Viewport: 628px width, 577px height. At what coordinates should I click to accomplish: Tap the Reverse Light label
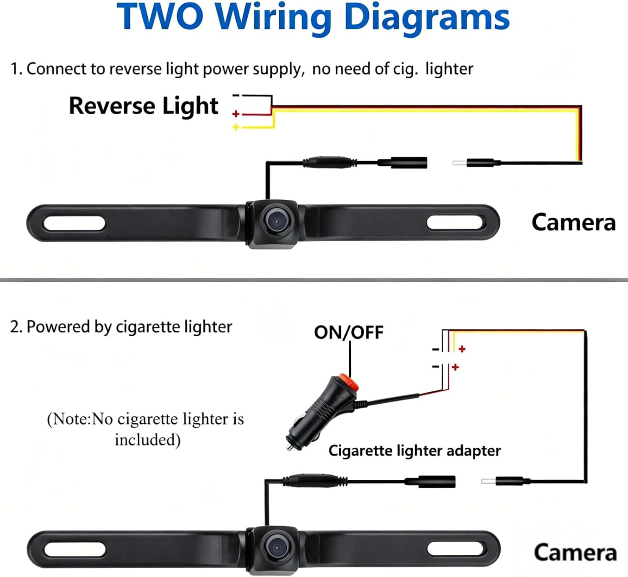tap(143, 106)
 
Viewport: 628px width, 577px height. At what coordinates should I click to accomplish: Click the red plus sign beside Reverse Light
tap(236, 114)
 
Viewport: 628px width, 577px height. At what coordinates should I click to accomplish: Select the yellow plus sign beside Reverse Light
tap(236, 127)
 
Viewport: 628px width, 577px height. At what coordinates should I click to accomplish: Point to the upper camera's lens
tap(277, 221)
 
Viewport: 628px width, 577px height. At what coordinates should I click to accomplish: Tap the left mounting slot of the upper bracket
tap(75, 223)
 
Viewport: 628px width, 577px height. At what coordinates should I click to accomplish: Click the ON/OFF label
tap(348, 332)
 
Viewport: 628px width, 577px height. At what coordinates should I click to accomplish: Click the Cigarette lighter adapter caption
tap(414, 451)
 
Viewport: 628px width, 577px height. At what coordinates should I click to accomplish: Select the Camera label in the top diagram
tap(574, 222)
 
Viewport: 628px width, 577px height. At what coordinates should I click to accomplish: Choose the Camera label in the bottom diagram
tap(575, 552)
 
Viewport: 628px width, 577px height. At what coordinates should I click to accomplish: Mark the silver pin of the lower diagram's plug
tap(489, 481)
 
